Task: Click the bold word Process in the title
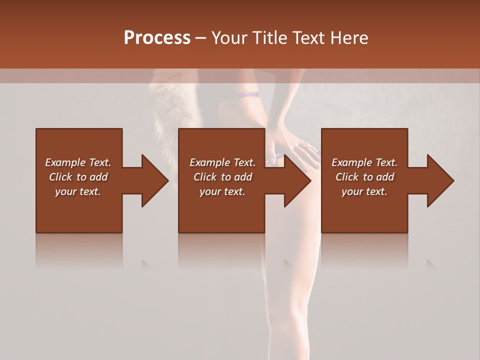(157, 38)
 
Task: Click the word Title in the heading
(270, 38)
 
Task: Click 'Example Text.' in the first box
(78, 162)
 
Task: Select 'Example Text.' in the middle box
(222, 162)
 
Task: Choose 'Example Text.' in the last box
(364, 162)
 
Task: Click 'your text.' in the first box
(78, 191)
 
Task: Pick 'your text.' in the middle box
(222, 191)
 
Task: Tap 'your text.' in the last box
(364, 191)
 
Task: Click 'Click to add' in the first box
(78, 177)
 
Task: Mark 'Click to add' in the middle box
(222, 177)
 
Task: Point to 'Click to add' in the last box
(364, 177)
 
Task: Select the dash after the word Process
(200, 38)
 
